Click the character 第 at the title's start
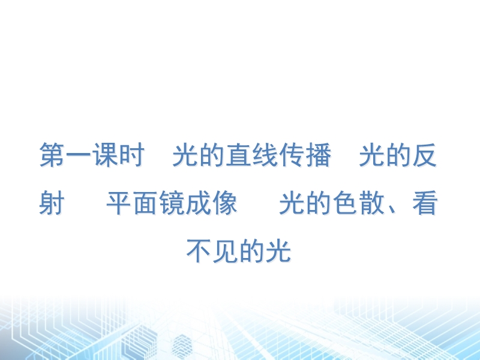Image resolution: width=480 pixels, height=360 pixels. (x=52, y=155)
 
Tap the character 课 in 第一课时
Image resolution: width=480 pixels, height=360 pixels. (x=106, y=155)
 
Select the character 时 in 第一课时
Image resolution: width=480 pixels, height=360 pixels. (x=132, y=155)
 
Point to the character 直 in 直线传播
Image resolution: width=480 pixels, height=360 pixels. (x=238, y=155)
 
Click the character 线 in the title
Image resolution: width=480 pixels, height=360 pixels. (x=265, y=155)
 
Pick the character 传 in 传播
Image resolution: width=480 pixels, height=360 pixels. (x=292, y=155)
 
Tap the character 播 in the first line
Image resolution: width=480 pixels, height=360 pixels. (x=319, y=155)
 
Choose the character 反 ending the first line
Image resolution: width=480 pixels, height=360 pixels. (x=425, y=155)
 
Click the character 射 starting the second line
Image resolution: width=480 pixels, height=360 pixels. (x=52, y=202)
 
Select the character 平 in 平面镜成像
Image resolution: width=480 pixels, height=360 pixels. (x=119, y=202)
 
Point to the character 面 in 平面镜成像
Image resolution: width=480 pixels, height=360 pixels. (x=146, y=202)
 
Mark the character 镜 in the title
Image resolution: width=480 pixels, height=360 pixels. (x=172, y=202)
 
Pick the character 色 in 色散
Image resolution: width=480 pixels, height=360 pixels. (x=345, y=202)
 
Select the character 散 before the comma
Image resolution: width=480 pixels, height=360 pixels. (x=371, y=202)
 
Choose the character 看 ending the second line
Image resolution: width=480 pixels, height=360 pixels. (x=425, y=202)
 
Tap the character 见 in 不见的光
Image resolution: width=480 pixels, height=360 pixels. (x=226, y=251)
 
